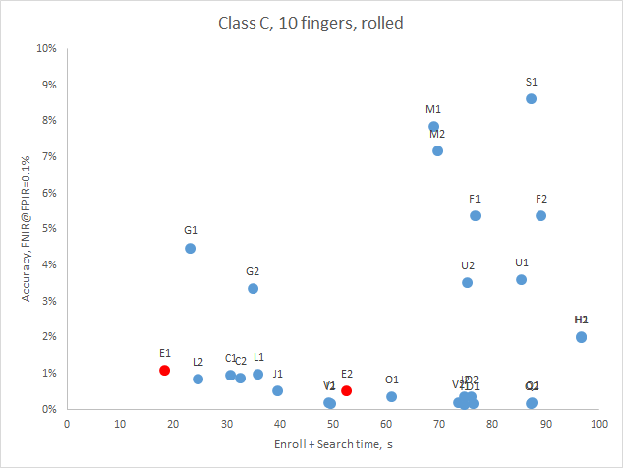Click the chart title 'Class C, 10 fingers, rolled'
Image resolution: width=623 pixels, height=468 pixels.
pos(311,21)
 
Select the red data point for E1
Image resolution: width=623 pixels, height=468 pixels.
pos(165,370)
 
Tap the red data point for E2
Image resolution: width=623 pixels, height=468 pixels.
pos(347,390)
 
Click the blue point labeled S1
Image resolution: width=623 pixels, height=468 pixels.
pos(531,98)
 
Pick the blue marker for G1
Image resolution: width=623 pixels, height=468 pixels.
pos(191,248)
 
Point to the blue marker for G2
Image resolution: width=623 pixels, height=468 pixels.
pos(253,288)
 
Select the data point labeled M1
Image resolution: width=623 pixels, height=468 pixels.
pos(433,126)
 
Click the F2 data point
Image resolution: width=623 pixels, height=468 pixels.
pos(540,215)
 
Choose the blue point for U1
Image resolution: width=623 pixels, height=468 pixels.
pos(521,279)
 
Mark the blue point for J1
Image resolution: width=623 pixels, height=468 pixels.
pos(277,390)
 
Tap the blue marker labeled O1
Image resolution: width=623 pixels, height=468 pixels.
pos(391,396)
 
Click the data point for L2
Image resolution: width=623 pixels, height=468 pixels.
pos(198,379)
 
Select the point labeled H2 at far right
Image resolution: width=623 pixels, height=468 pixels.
pos(581,336)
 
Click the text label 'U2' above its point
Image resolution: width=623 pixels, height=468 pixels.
pos(468,265)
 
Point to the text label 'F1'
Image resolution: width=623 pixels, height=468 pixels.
pos(475,199)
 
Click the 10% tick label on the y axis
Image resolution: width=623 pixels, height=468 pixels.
pos(45,48)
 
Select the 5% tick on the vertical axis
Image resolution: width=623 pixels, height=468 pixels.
pos(48,229)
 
